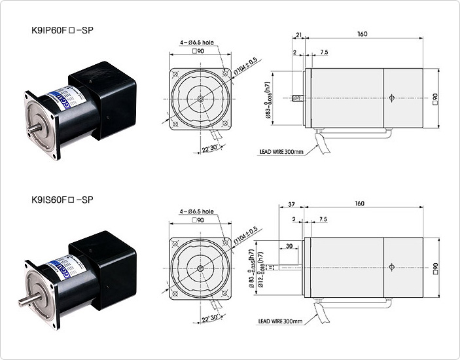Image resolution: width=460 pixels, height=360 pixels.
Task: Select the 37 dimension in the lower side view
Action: pyautogui.click(x=291, y=204)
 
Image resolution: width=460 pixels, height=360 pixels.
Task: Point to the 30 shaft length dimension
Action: pyautogui.click(x=289, y=246)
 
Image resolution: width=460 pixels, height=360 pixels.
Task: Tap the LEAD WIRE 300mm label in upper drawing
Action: pyautogui.click(x=281, y=152)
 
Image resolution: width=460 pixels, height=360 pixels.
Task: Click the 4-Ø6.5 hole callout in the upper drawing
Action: pyautogui.click(x=197, y=43)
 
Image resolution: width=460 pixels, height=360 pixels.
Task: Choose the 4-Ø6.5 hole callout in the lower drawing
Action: pyautogui.click(x=197, y=212)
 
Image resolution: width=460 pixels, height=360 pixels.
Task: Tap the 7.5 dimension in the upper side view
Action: pyautogui.click(x=324, y=52)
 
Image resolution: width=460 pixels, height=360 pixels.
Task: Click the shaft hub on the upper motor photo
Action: pyautogui.click(x=37, y=124)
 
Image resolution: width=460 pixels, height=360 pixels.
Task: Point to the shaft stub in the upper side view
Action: pyautogui.click(x=296, y=99)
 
